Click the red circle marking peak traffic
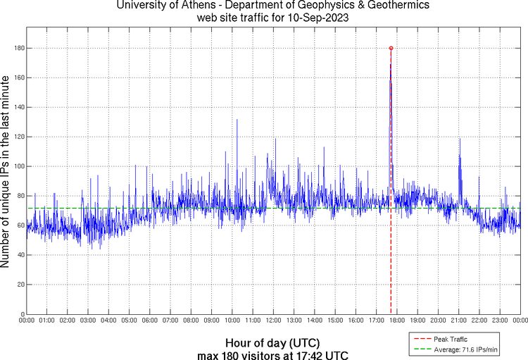tap(391, 48)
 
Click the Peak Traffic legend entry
tap(455, 340)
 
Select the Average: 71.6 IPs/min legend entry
tap(465, 349)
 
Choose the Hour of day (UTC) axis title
tap(265, 342)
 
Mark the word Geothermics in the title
tap(390, 6)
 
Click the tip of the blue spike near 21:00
tap(460, 139)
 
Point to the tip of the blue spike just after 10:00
tap(237, 120)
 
